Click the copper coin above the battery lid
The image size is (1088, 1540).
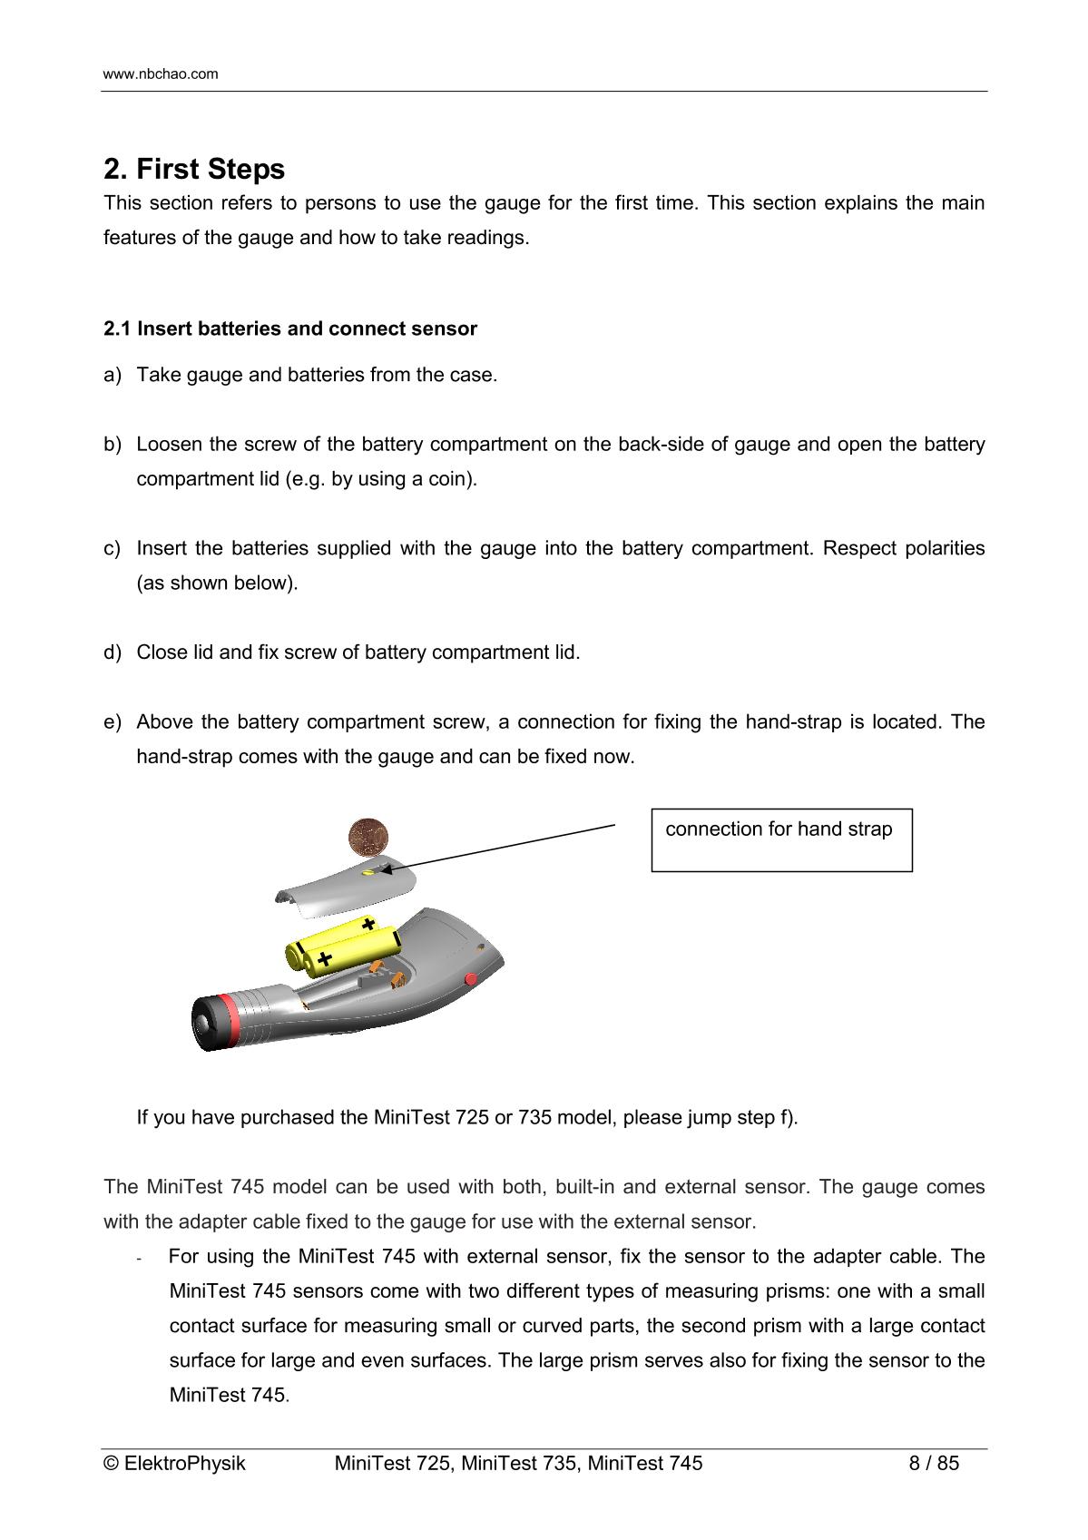point(369,835)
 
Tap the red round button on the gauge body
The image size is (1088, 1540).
point(471,979)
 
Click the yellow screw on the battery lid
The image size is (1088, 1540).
point(368,873)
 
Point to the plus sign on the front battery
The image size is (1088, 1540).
point(324,959)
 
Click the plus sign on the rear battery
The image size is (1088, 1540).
point(368,925)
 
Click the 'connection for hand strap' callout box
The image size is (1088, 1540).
point(781,840)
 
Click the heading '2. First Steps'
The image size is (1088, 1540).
point(194,170)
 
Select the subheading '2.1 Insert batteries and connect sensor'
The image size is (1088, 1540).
point(290,329)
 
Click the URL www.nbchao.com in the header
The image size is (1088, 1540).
point(161,74)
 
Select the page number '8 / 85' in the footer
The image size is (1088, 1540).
point(934,1464)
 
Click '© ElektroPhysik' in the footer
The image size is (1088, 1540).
point(175,1464)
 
